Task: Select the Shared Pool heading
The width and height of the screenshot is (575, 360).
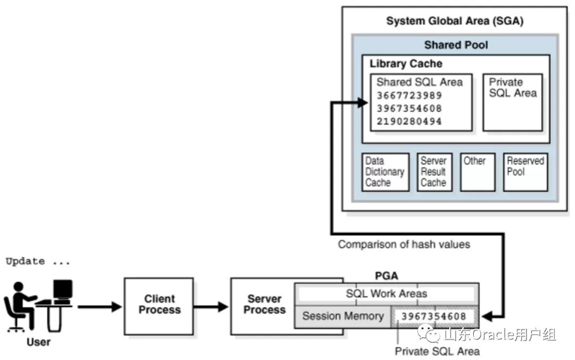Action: pos(456,45)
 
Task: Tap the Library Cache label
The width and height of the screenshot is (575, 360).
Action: pos(406,64)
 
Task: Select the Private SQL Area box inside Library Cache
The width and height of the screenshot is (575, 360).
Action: pos(512,102)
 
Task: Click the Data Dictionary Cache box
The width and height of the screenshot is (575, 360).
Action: pos(385,172)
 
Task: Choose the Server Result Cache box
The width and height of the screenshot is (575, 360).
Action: pos(433,172)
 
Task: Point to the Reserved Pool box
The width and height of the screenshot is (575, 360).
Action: pos(525,172)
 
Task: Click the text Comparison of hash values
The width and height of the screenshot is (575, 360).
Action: pos(404,244)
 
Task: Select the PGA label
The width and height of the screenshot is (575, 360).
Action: pos(387,276)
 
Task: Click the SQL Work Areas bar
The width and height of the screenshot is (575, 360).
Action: pos(387,293)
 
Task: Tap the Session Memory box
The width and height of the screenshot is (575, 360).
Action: pos(343,316)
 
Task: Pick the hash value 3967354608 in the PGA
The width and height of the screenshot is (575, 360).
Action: pos(434,316)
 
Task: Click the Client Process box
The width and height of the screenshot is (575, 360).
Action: pos(159,306)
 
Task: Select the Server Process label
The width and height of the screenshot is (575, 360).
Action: pos(265,305)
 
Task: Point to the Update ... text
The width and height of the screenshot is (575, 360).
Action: pos(38,261)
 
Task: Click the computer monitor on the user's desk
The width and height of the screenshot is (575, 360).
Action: pos(63,290)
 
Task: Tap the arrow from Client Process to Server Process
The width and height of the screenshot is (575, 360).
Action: pos(211,307)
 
